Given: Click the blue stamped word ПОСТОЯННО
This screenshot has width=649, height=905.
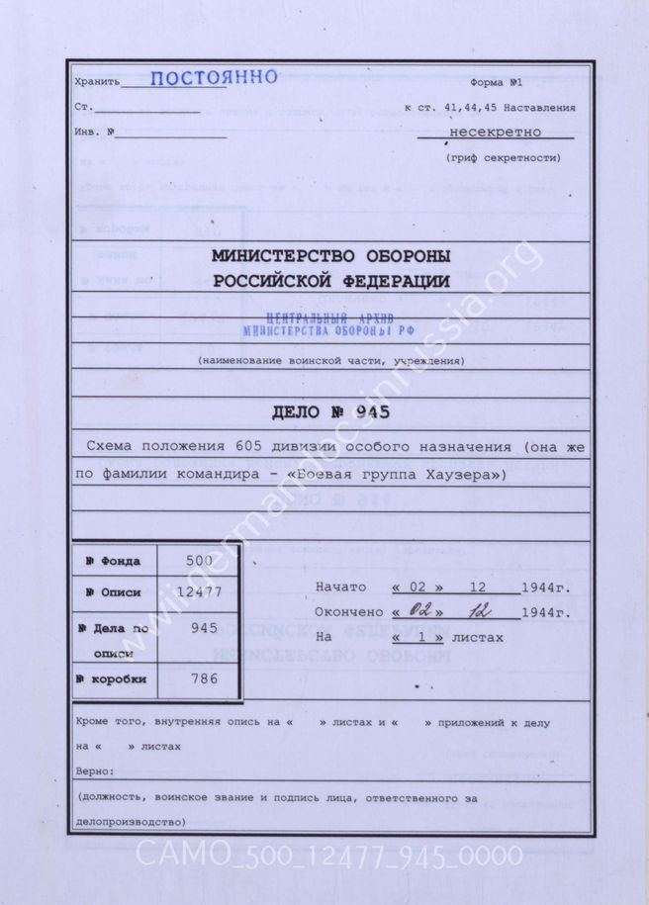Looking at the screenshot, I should [214, 79].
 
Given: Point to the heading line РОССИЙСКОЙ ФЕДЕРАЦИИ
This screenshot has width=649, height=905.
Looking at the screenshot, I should [331, 281].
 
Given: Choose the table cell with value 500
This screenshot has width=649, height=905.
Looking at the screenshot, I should [198, 560].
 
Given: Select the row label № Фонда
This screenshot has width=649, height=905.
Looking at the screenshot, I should [113, 562].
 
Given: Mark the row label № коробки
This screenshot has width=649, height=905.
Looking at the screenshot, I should [113, 679].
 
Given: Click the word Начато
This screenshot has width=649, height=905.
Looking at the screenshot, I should [341, 588].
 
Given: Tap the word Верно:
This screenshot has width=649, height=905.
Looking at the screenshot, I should [95, 769].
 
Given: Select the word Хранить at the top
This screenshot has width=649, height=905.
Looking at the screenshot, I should [96, 83].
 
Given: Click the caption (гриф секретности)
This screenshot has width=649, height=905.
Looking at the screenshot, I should [504, 157].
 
